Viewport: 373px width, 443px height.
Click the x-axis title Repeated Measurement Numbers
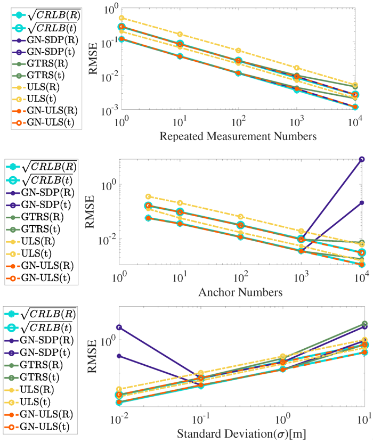pyautogui.click(x=238, y=136)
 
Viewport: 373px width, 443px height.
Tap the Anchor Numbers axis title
pyautogui.click(x=240, y=292)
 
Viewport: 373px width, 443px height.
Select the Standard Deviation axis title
pyautogui.click(x=241, y=433)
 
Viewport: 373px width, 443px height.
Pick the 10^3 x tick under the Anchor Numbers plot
pyautogui.click(x=301, y=278)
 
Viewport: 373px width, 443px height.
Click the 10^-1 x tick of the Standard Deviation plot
pyautogui.click(x=200, y=419)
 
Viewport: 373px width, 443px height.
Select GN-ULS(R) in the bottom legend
pyautogui.click(x=39, y=414)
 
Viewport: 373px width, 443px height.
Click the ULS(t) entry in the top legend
pyautogui.click(x=35, y=99)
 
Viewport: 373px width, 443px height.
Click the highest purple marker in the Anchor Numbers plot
pyautogui.click(x=362, y=159)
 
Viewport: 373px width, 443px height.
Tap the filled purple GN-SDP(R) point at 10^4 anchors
pyautogui.click(x=362, y=202)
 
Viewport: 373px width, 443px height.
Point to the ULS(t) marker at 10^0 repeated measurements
pyautogui.click(x=121, y=18)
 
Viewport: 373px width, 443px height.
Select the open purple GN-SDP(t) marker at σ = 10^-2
pyautogui.click(x=119, y=327)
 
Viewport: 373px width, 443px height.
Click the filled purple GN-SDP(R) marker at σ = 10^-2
pyautogui.click(x=119, y=356)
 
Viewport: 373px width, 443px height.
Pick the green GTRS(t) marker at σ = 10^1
pyautogui.click(x=365, y=324)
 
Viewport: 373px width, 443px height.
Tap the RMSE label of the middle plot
pyautogui.click(x=90, y=211)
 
